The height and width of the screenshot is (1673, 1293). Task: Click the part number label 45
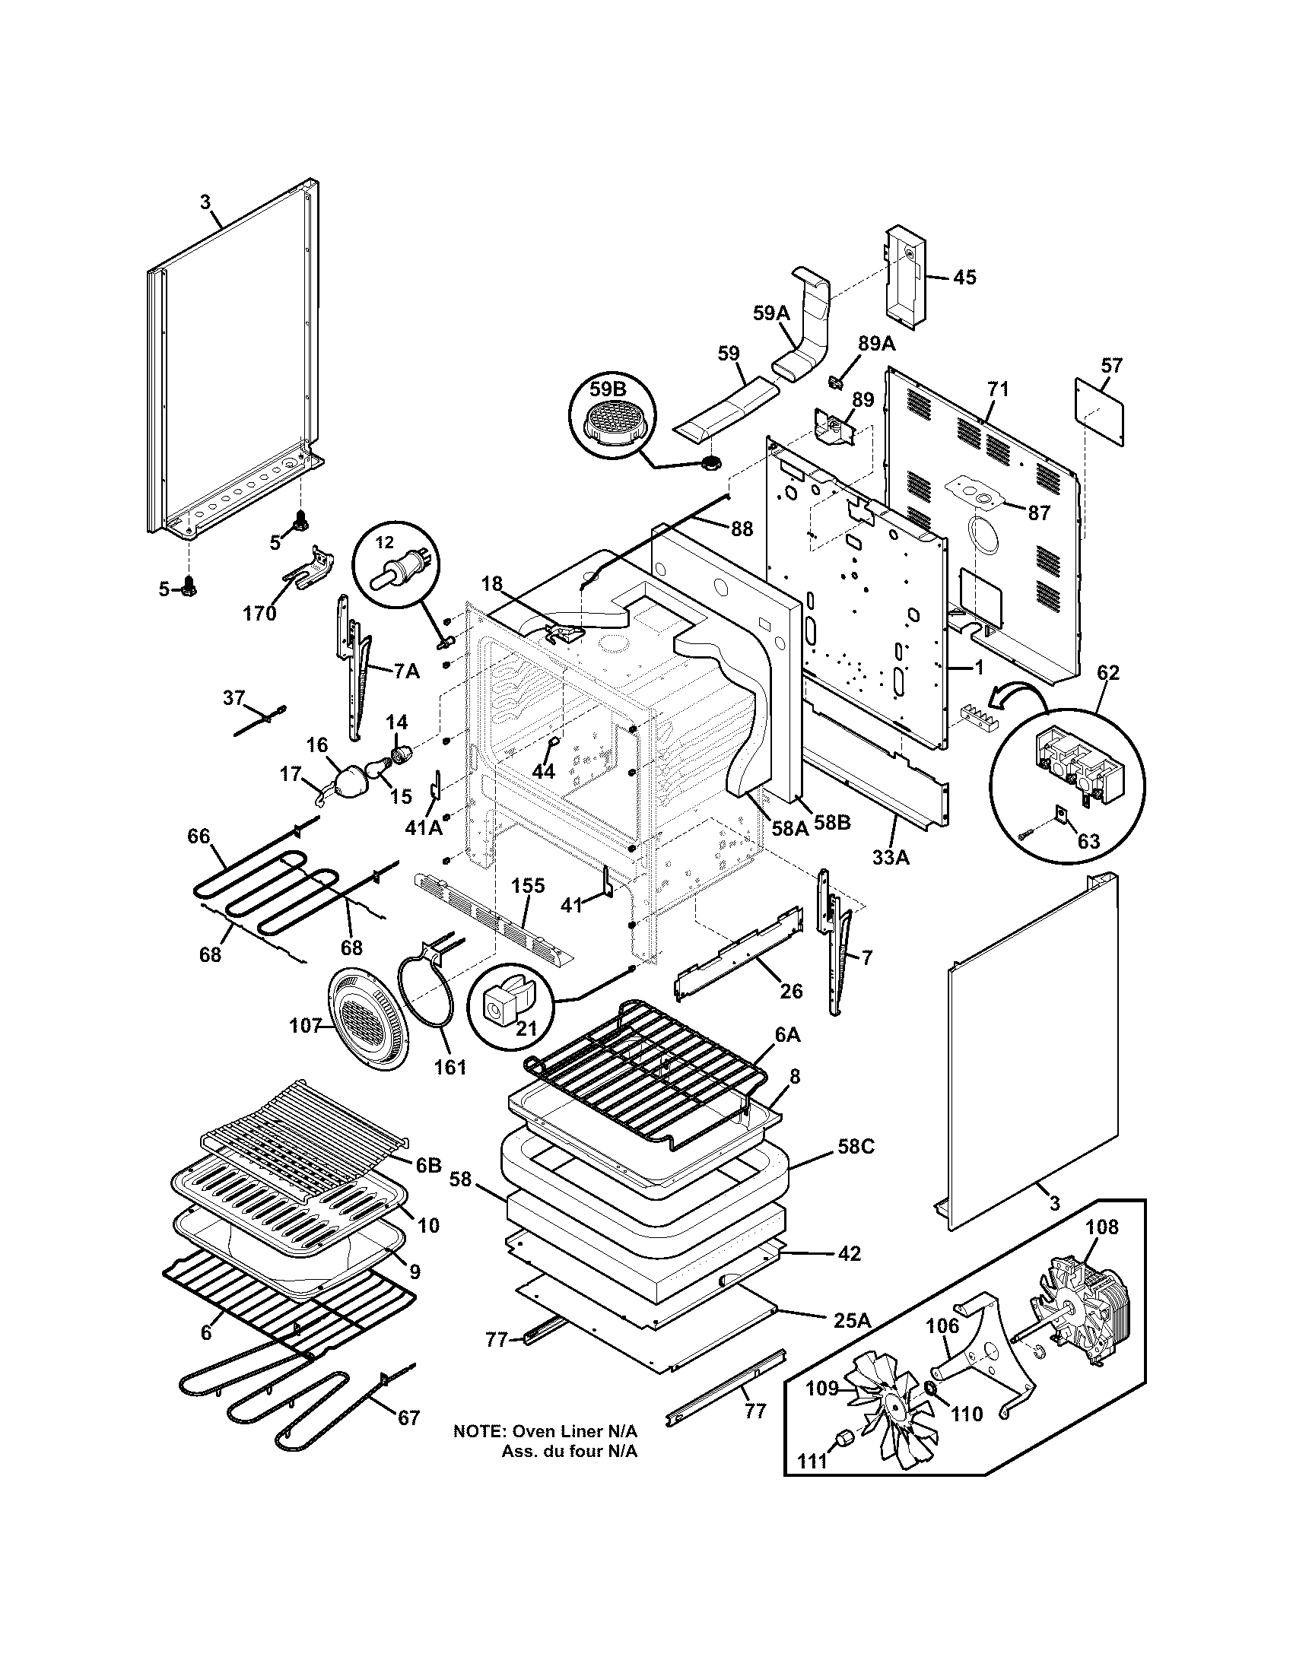click(x=964, y=278)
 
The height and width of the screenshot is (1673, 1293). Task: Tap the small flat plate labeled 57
click(x=1098, y=411)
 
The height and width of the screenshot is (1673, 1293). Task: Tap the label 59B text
click(x=608, y=389)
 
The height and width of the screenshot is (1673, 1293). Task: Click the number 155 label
click(x=528, y=885)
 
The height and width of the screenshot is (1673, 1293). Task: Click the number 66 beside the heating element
click(x=199, y=836)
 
